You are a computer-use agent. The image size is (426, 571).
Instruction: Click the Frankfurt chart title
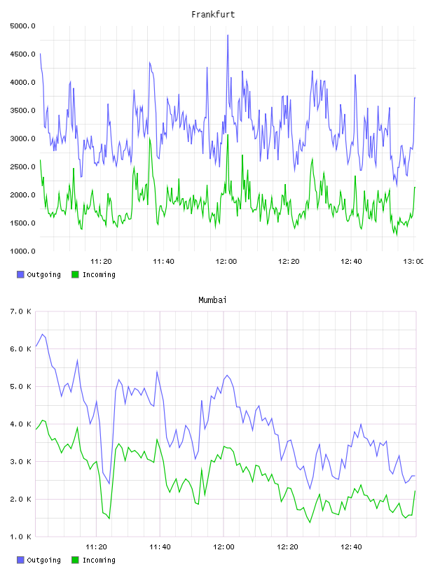click(x=213, y=15)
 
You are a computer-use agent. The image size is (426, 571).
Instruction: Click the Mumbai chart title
click(x=212, y=300)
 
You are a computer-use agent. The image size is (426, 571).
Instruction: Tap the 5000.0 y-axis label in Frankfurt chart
click(x=22, y=26)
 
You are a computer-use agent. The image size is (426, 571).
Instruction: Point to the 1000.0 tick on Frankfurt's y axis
click(x=22, y=251)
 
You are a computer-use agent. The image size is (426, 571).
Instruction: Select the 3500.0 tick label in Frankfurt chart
click(x=22, y=111)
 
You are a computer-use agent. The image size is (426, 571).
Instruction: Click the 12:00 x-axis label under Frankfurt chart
click(x=226, y=262)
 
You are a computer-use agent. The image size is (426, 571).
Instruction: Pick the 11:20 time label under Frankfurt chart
click(x=101, y=262)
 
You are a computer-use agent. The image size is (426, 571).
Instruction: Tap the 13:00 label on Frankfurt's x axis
click(x=413, y=262)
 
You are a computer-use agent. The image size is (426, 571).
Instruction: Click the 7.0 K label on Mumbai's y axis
click(x=20, y=311)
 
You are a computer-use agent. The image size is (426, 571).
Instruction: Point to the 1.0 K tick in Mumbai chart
click(x=20, y=537)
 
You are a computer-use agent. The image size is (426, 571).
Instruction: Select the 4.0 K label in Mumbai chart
click(x=20, y=424)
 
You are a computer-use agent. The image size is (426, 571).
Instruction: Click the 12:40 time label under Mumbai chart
click(x=351, y=547)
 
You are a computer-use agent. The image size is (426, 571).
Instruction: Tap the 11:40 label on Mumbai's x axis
click(x=160, y=547)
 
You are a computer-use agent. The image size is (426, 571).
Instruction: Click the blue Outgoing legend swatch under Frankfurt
click(x=20, y=274)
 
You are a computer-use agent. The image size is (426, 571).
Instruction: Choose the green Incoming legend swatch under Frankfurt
click(x=75, y=274)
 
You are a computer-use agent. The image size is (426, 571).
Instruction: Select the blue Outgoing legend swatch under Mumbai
click(x=20, y=560)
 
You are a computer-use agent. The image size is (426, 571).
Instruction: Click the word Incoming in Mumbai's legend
click(x=99, y=561)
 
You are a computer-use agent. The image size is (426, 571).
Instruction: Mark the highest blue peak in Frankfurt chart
click(x=228, y=35)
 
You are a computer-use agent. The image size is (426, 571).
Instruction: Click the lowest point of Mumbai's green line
click(x=310, y=523)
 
